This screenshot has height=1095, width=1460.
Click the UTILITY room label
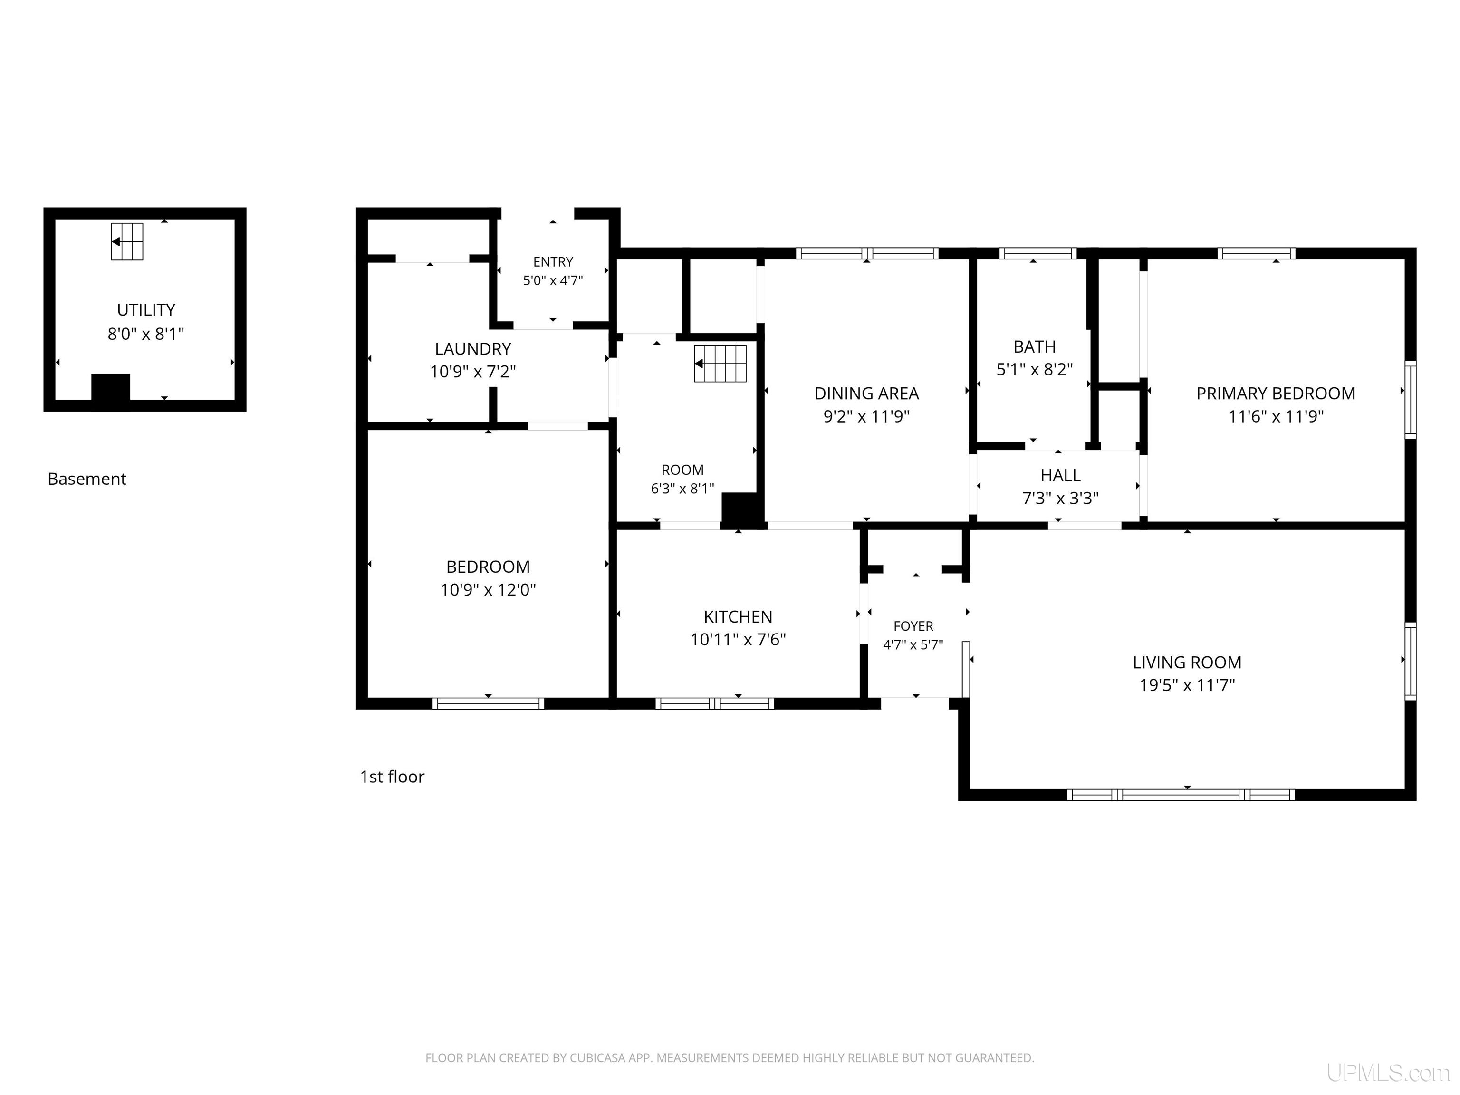coord(146,309)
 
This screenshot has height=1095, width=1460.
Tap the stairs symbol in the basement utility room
coord(127,241)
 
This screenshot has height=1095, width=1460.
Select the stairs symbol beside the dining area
coord(720,363)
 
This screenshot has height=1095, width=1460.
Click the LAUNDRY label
coord(472,348)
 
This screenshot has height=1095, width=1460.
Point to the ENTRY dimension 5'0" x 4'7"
coord(553,280)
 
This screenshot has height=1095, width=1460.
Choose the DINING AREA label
coord(866,394)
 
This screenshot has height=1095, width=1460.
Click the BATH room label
coord(1034,346)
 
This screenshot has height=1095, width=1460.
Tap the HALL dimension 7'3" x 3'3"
coord(1060,499)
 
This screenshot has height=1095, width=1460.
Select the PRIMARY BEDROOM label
coord(1276,394)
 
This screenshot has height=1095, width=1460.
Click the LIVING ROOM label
coord(1187,662)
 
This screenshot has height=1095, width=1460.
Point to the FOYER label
coord(913,626)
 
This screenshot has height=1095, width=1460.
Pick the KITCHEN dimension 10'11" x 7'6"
coord(738,640)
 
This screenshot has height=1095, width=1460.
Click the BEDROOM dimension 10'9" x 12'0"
coord(488,589)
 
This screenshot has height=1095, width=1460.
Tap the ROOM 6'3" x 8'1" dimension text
coord(682,489)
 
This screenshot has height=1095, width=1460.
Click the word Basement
coord(86,479)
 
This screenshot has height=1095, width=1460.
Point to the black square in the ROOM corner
coord(739,509)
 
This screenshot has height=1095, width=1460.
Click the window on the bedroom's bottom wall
coord(489,703)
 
